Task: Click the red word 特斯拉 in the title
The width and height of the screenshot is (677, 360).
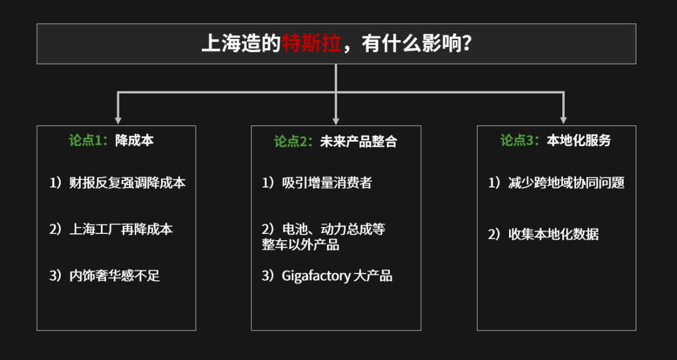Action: pyautogui.click(x=312, y=44)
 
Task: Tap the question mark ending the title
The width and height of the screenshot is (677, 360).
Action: pyautogui.click(x=465, y=44)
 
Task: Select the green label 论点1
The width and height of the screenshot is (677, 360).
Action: pyautogui.click(x=88, y=140)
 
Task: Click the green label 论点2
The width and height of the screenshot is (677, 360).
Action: pyautogui.click(x=293, y=141)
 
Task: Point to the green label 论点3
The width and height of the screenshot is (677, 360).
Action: pyautogui.click(x=520, y=140)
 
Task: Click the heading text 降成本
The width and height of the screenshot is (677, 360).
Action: pyautogui.click(x=134, y=140)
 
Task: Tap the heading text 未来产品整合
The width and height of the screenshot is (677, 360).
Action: pyautogui.click(x=359, y=141)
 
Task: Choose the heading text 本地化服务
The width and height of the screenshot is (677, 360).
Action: pyautogui.click(x=579, y=140)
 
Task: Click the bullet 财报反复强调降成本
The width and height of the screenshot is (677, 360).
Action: pyautogui.click(x=128, y=183)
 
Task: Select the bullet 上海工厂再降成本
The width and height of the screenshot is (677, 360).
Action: pyautogui.click(x=122, y=229)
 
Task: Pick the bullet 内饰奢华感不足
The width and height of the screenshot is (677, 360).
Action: pyautogui.click(x=115, y=276)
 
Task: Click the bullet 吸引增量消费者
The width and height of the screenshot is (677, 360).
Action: pyautogui.click(x=327, y=183)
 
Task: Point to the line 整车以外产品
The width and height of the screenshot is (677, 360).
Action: pyautogui.click(x=300, y=245)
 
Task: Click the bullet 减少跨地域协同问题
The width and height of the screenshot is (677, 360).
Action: pyautogui.click(x=567, y=183)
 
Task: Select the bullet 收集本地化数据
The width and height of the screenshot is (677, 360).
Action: pyautogui.click(x=554, y=235)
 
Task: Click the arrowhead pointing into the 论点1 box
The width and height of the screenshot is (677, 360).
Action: pyautogui.click(x=118, y=120)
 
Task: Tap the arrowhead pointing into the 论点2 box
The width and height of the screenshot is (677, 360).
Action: pyautogui.click(x=336, y=120)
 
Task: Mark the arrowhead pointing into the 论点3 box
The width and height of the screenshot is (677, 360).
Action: pyautogui.click(x=563, y=120)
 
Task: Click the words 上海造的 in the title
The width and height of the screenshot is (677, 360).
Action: pyautogui.click(x=241, y=44)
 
